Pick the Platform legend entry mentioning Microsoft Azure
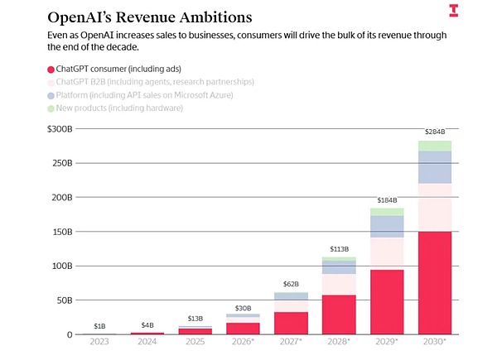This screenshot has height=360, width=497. coord(157,94)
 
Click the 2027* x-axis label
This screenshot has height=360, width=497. coord(292,342)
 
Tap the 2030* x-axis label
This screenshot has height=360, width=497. coord(434,342)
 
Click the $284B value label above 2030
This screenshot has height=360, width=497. coord(435,132)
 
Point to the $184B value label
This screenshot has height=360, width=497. coord(387,200)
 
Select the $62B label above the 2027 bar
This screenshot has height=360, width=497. coord(292,284)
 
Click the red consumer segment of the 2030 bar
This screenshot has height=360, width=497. coord(434,282)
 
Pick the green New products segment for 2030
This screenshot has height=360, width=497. coord(434,146)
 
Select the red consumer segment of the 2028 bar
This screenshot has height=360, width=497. coord(339,314)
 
